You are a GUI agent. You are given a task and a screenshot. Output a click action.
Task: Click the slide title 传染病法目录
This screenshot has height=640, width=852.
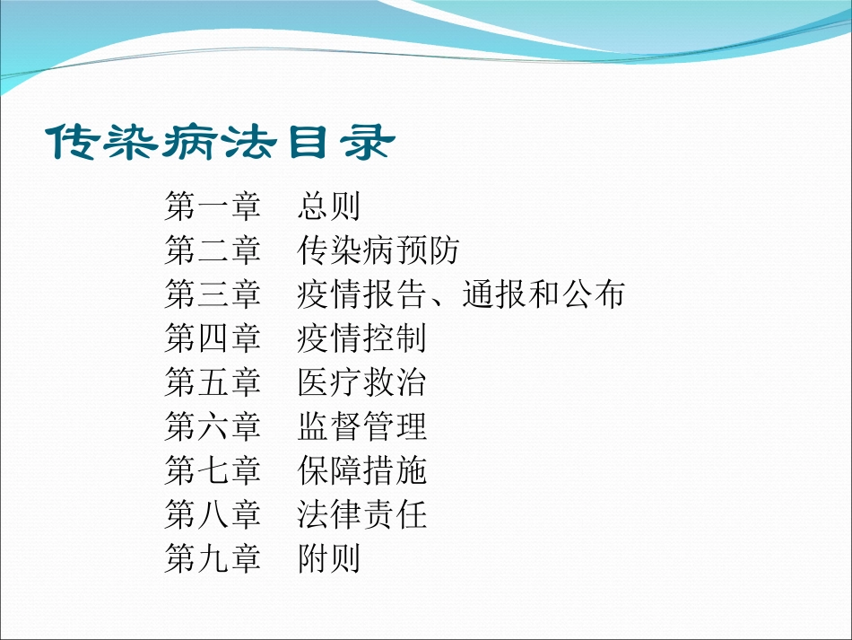pyautogui.click(x=219, y=143)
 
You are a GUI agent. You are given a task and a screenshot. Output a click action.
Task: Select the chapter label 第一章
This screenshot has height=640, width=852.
pyautogui.click(x=213, y=206)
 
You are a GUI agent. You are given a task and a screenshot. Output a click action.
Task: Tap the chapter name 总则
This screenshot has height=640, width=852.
pyautogui.click(x=329, y=206)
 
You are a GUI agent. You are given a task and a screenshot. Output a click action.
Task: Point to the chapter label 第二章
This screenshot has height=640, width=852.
pyautogui.click(x=213, y=250)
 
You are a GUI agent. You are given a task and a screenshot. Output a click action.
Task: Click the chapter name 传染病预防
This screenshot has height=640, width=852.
pyautogui.click(x=378, y=250)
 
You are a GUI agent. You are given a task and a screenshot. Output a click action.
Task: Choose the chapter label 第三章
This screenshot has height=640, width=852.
pyautogui.click(x=213, y=294)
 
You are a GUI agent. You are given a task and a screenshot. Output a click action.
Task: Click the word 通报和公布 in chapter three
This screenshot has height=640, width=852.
pyautogui.click(x=543, y=294)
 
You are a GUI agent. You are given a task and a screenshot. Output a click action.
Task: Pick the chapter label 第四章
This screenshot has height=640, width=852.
pyautogui.click(x=213, y=338)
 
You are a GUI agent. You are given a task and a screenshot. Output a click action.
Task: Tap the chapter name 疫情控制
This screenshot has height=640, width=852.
pyautogui.click(x=362, y=338)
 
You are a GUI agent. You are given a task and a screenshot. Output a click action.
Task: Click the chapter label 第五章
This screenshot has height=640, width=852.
pyautogui.click(x=213, y=382)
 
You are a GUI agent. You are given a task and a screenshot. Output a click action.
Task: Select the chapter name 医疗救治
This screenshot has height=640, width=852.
pyautogui.click(x=362, y=382)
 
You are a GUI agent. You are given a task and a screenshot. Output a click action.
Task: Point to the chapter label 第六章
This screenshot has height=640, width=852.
pyautogui.click(x=213, y=426)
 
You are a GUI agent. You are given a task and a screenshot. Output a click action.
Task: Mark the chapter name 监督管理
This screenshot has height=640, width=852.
pyautogui.click(x=362, y=426)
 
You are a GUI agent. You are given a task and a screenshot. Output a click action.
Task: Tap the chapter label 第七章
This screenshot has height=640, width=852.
pyautogui.click(x=213, y=470)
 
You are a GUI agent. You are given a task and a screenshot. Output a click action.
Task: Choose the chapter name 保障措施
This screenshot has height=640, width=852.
pyautogui.click(x=362, y=470)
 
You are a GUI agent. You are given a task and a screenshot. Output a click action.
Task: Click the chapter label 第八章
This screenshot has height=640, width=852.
pyautogui.click(x=213, y=514)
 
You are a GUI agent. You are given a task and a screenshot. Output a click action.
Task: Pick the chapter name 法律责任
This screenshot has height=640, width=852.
pyautogui.click(x=362, y=514)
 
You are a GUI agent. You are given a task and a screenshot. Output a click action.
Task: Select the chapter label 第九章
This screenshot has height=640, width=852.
pyautogui.click(x=213, y=558)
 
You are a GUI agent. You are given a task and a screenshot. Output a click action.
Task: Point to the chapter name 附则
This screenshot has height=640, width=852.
pyautogui.click(x=329, y=558)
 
